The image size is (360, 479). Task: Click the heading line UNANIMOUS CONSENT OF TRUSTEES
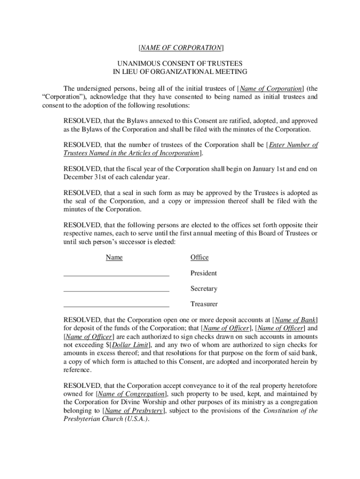tap(180, 63)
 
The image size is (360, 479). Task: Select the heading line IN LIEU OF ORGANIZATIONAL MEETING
tap(180, 72)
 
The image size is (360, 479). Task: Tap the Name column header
tap(114, 258)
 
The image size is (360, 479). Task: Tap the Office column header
tap(199, 258)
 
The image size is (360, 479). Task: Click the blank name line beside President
tap(116, 276)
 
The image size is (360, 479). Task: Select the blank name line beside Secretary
tap(116, 291)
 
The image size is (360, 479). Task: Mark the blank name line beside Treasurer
tap(116, 306)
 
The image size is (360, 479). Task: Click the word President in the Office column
tap(203, 273)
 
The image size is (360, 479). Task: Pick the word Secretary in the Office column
tap(204, 289)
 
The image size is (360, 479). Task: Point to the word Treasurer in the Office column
tap(204, 305)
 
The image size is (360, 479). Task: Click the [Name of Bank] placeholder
tap(295, 320)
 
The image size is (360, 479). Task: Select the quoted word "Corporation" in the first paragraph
tap(60, 97)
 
